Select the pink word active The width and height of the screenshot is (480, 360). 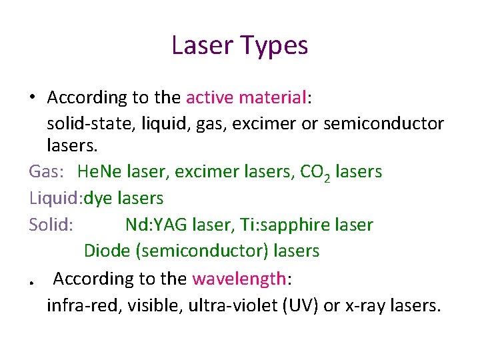point(210,98)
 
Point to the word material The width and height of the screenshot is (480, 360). point(273,98)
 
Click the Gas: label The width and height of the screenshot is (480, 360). point(47,172)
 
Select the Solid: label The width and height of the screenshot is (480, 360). point(51,225)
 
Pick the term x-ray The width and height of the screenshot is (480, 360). point(369,306)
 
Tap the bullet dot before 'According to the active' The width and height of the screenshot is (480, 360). point(32,98)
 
